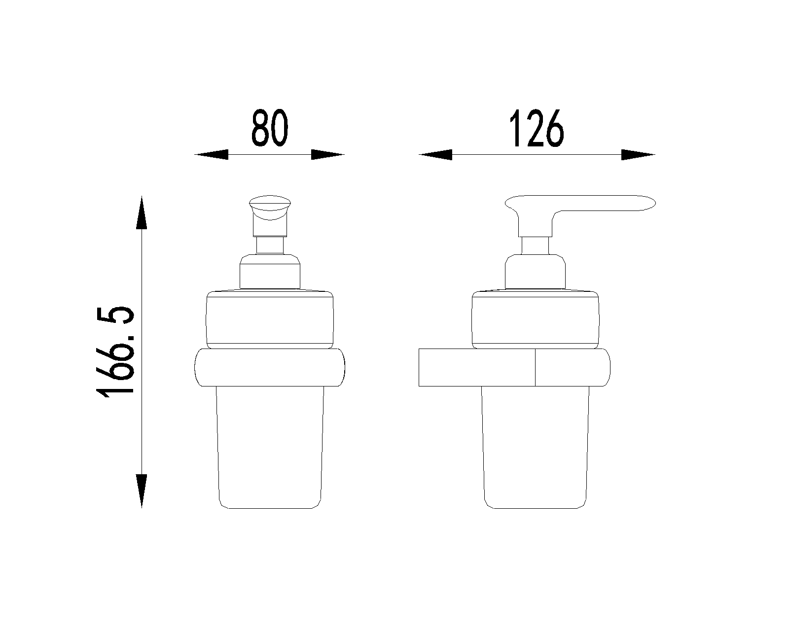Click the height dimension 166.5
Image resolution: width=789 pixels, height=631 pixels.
(x=115, y=352)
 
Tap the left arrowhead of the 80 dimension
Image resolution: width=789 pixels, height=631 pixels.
(x=211, y=155)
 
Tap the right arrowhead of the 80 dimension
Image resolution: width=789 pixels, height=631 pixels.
(x=328, y=155)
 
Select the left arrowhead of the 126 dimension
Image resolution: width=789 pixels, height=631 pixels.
(x=435, y=155)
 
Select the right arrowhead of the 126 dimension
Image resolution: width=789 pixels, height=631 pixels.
(x=638, y=155)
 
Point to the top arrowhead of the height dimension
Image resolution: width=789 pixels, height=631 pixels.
(x=142, y=212)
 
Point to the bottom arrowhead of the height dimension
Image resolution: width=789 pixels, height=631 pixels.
(x=142, y=491)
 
